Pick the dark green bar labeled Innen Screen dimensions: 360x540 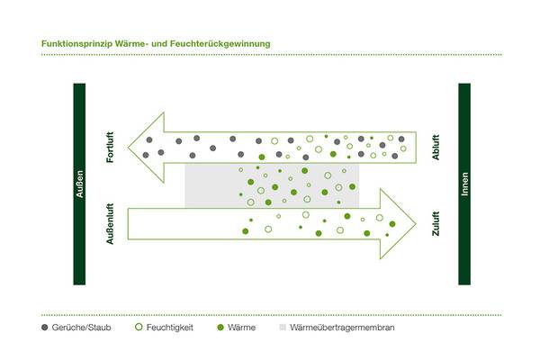(464, 184)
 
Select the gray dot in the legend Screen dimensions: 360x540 (45, 328)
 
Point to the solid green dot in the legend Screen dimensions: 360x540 (220, 328)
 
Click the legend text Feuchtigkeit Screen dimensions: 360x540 (171, 328)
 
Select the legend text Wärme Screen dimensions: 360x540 (243, 328)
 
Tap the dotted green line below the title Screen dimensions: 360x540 (270, 54)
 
